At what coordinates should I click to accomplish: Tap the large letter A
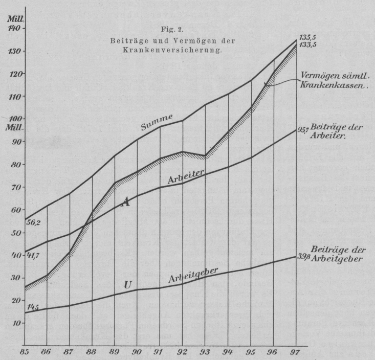click(125, 202)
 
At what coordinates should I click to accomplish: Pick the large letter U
click(128, 285)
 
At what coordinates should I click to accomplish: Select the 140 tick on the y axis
click(14, 29)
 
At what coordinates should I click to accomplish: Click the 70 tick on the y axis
click(15, 187)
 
